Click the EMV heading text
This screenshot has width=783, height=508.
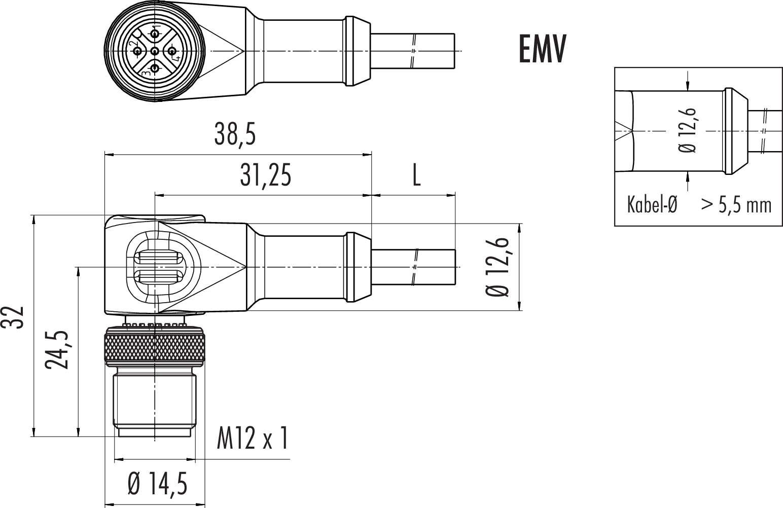[x=542, y=49]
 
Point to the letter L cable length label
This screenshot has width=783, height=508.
[x=416, y=175]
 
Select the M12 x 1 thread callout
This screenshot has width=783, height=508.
[x=253, y=438]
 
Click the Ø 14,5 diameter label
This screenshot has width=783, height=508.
[x=157, y=485]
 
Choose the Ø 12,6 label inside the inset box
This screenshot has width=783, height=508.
[x=689, y=131]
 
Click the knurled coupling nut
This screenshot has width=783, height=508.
[x=155, y=346]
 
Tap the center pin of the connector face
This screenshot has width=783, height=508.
[x=155, y=50]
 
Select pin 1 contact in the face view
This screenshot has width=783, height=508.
[x=155, y=33]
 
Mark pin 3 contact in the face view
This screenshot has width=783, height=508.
[x=155, y=68]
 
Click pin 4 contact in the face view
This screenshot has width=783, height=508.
[x=172, y=50]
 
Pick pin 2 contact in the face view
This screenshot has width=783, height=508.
[x=138, y=50]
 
